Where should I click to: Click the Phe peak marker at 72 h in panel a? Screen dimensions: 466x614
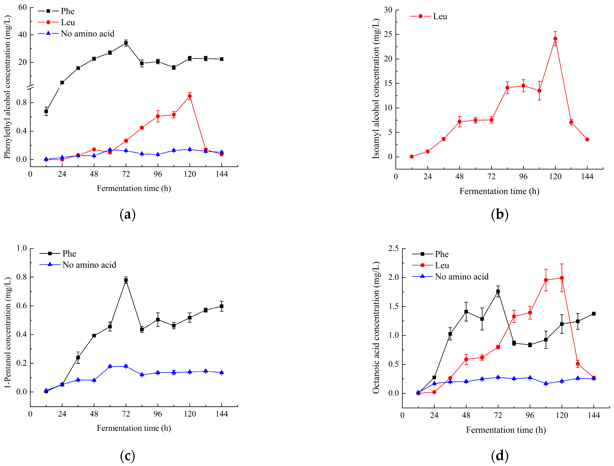(126, 43)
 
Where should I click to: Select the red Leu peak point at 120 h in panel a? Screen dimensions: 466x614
(190, 96)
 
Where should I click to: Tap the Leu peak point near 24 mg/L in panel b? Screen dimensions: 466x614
(555, 39)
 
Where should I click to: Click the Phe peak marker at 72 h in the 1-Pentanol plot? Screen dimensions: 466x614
(126, 280)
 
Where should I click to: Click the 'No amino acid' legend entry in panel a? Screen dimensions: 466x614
(87, 34)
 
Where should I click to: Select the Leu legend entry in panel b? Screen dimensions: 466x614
(440, 17)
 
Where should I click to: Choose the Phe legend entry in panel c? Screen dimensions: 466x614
(69, 254)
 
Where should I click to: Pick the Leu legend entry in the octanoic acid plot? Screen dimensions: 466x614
(442, 266)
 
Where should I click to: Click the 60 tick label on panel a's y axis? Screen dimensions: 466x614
(23, 8)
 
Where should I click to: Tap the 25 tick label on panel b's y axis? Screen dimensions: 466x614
(388, 34)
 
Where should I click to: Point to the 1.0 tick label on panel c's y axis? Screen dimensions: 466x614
(22, 248)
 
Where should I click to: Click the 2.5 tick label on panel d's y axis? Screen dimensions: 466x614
(393, 249)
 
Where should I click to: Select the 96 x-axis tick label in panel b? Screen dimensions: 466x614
(523, 177)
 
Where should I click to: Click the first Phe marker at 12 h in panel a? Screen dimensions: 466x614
(46, 111)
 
